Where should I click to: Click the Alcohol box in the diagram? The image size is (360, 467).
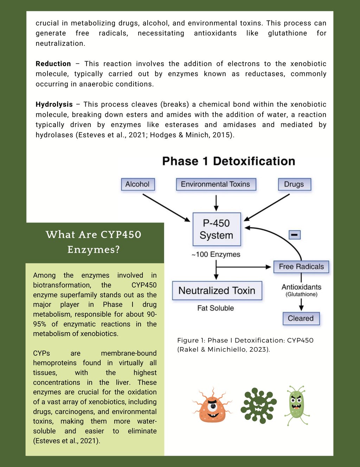point(137,184)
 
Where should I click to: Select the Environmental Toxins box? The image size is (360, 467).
point(216,184)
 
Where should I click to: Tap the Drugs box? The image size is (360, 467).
point(294,184)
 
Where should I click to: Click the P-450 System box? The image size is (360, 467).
point(217,229)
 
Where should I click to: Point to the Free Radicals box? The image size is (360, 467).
point(301,267)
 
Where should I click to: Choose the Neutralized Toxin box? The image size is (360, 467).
point(217,291)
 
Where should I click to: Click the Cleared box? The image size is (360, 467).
point(301,318)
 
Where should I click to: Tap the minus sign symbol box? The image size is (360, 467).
point(295,235)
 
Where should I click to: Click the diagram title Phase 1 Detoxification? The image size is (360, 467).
point(229,161)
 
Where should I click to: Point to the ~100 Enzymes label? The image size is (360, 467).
point(216,254)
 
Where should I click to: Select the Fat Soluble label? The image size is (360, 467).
point(216,308)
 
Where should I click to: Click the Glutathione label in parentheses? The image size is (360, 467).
point(301,295)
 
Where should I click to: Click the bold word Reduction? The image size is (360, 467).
point(53,64)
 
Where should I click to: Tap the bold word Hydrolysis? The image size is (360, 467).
point(54,105)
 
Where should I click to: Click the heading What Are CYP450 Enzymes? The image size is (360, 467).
point(94,242)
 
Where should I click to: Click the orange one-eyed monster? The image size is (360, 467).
point(212,405)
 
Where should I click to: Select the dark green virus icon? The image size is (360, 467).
point(259,405)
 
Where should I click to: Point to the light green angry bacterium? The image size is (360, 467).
point(296,405)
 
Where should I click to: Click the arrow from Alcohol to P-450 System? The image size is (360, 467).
point(166,208)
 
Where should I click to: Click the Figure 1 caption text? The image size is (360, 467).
point(245,345)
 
